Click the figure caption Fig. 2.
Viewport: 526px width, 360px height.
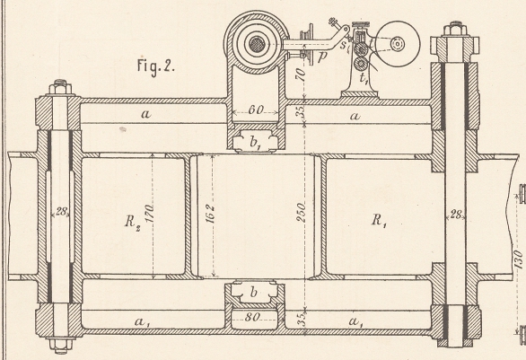[155, 66]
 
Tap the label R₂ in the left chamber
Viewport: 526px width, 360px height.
[133, 222]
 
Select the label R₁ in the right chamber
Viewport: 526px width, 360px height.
[379, 221]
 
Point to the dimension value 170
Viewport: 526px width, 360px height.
[150, 214]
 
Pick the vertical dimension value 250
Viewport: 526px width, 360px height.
[301, 212]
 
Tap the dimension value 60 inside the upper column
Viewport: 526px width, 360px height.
[257, 110]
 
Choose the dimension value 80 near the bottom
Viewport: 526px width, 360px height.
[252, 317]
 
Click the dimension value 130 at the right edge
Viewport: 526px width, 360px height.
[518, 259]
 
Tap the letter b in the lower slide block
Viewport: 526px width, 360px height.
[254, 293]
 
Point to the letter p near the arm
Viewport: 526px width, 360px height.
[321, 57]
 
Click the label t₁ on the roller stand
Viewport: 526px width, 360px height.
[364, 78]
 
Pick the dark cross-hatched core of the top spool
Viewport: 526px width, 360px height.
[258, 44]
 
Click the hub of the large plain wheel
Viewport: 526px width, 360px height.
[398, 44]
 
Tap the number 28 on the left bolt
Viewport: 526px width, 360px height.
[61, 212]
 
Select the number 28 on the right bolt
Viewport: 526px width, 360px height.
[455, 215]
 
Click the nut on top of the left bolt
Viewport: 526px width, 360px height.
[60, 87]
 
